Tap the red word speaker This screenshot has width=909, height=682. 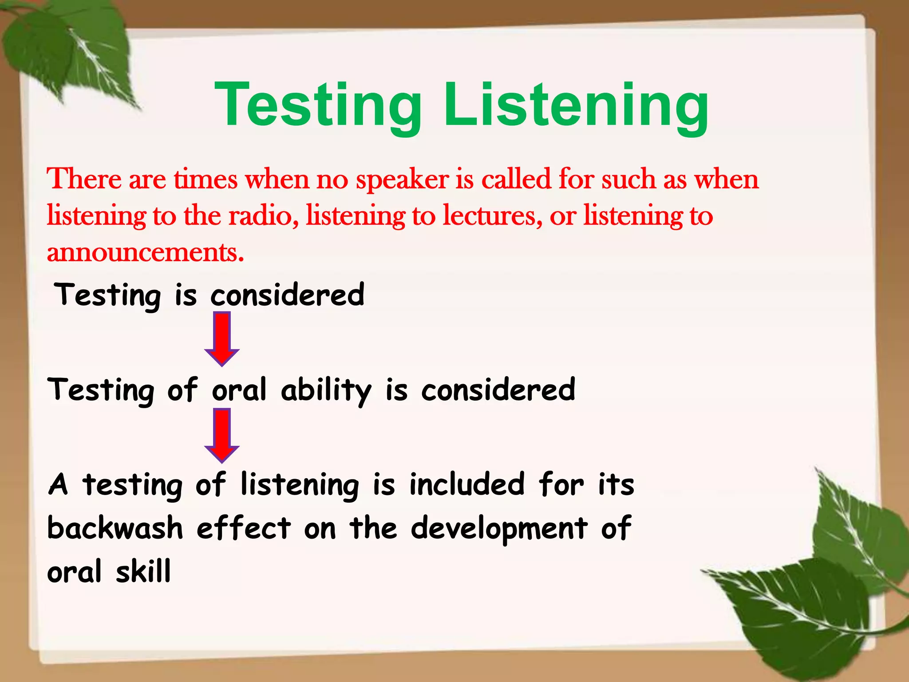(402, 180)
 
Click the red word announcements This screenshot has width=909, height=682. (146, 252)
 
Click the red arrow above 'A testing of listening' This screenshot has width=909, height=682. (222, 436)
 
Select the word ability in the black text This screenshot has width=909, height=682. (326, 390)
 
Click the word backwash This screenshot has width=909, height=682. (115, 528)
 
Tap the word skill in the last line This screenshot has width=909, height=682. (143, 572)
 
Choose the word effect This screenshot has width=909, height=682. (244, 528)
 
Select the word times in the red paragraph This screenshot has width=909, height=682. (206, 180)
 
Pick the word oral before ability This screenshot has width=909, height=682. (239, 390)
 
